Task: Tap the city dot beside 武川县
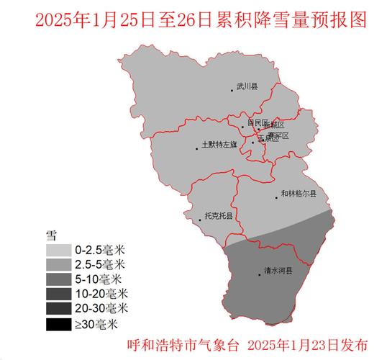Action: (x=232, y=90)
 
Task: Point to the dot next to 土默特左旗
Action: (x=196, y=149)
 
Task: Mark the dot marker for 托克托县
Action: (x=200, y=220)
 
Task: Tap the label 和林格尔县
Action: (x=299, y=193)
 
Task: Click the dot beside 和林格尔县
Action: (x=276, y=197)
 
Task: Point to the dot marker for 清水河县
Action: (x=260, y=274)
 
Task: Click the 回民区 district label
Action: (x=257, y=123)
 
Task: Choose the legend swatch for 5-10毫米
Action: (x=60, y=279)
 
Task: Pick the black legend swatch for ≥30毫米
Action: (x=60, y=324)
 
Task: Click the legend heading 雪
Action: (x=52, y=234)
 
